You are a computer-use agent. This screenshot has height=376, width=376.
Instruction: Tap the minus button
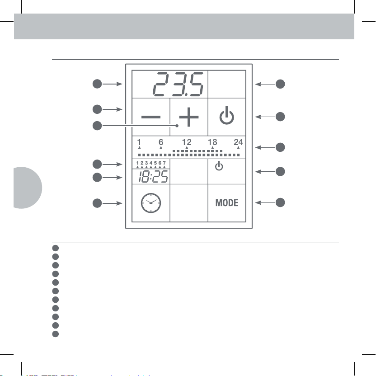[x=151, y=117]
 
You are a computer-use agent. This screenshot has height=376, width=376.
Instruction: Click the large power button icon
[x=227, y=117]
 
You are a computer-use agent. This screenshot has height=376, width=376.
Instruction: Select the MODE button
[x=227, y=203]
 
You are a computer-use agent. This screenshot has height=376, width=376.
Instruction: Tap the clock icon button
[x=151, y=203]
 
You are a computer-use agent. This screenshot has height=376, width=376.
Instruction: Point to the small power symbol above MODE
[x=219, y=167]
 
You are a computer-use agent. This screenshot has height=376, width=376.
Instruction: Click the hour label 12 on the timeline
[x=187, y=142]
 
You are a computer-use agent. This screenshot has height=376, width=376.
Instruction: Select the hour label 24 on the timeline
[x=238, y=142]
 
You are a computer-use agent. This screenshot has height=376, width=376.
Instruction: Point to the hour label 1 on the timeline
[x=139, y=142]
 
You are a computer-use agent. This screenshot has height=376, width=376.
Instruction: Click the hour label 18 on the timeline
[x=212, y=142]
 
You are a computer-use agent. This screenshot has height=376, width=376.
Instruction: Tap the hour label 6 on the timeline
[x=161, y=142]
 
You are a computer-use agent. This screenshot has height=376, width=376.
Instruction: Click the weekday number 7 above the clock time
[x=165, y=163]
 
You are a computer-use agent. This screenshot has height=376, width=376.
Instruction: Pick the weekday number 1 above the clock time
[x=137, y=163]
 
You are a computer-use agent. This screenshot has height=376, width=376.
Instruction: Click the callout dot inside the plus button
[x=178, y=126]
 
